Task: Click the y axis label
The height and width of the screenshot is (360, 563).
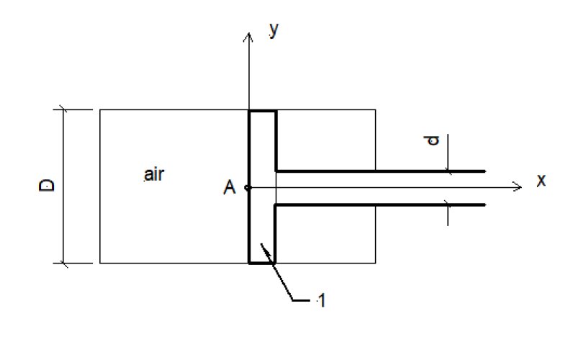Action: [x=274, y=30]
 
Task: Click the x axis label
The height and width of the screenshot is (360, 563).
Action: [x=541, y=180]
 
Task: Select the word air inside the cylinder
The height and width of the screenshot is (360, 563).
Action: [x=154, y=175]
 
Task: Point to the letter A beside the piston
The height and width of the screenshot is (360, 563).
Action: [x=229, y=187]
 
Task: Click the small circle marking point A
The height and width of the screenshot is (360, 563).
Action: [x=248, y=187]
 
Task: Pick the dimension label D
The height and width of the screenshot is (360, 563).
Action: [x=46, y=186]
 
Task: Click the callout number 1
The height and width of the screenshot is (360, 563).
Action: [x=322, y=300]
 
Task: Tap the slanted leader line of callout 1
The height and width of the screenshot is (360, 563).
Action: [x=276, y=271]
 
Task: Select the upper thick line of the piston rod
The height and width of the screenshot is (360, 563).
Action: [x=381, y=171]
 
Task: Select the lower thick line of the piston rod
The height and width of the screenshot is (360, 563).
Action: [x=380, y=205]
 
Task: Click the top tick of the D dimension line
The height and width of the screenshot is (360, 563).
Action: [x=63, y=109]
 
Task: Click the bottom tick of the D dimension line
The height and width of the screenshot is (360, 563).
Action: [x=63, y=264]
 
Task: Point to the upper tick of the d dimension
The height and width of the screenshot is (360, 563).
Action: [x=448, y=171]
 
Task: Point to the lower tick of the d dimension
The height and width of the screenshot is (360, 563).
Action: [x=447, y=204]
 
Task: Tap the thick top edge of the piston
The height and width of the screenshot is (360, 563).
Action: [x=263, y=112]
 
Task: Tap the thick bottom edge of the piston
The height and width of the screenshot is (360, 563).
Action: [x=262, y=263]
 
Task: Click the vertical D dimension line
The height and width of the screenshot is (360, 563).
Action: [x=63, y=186]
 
